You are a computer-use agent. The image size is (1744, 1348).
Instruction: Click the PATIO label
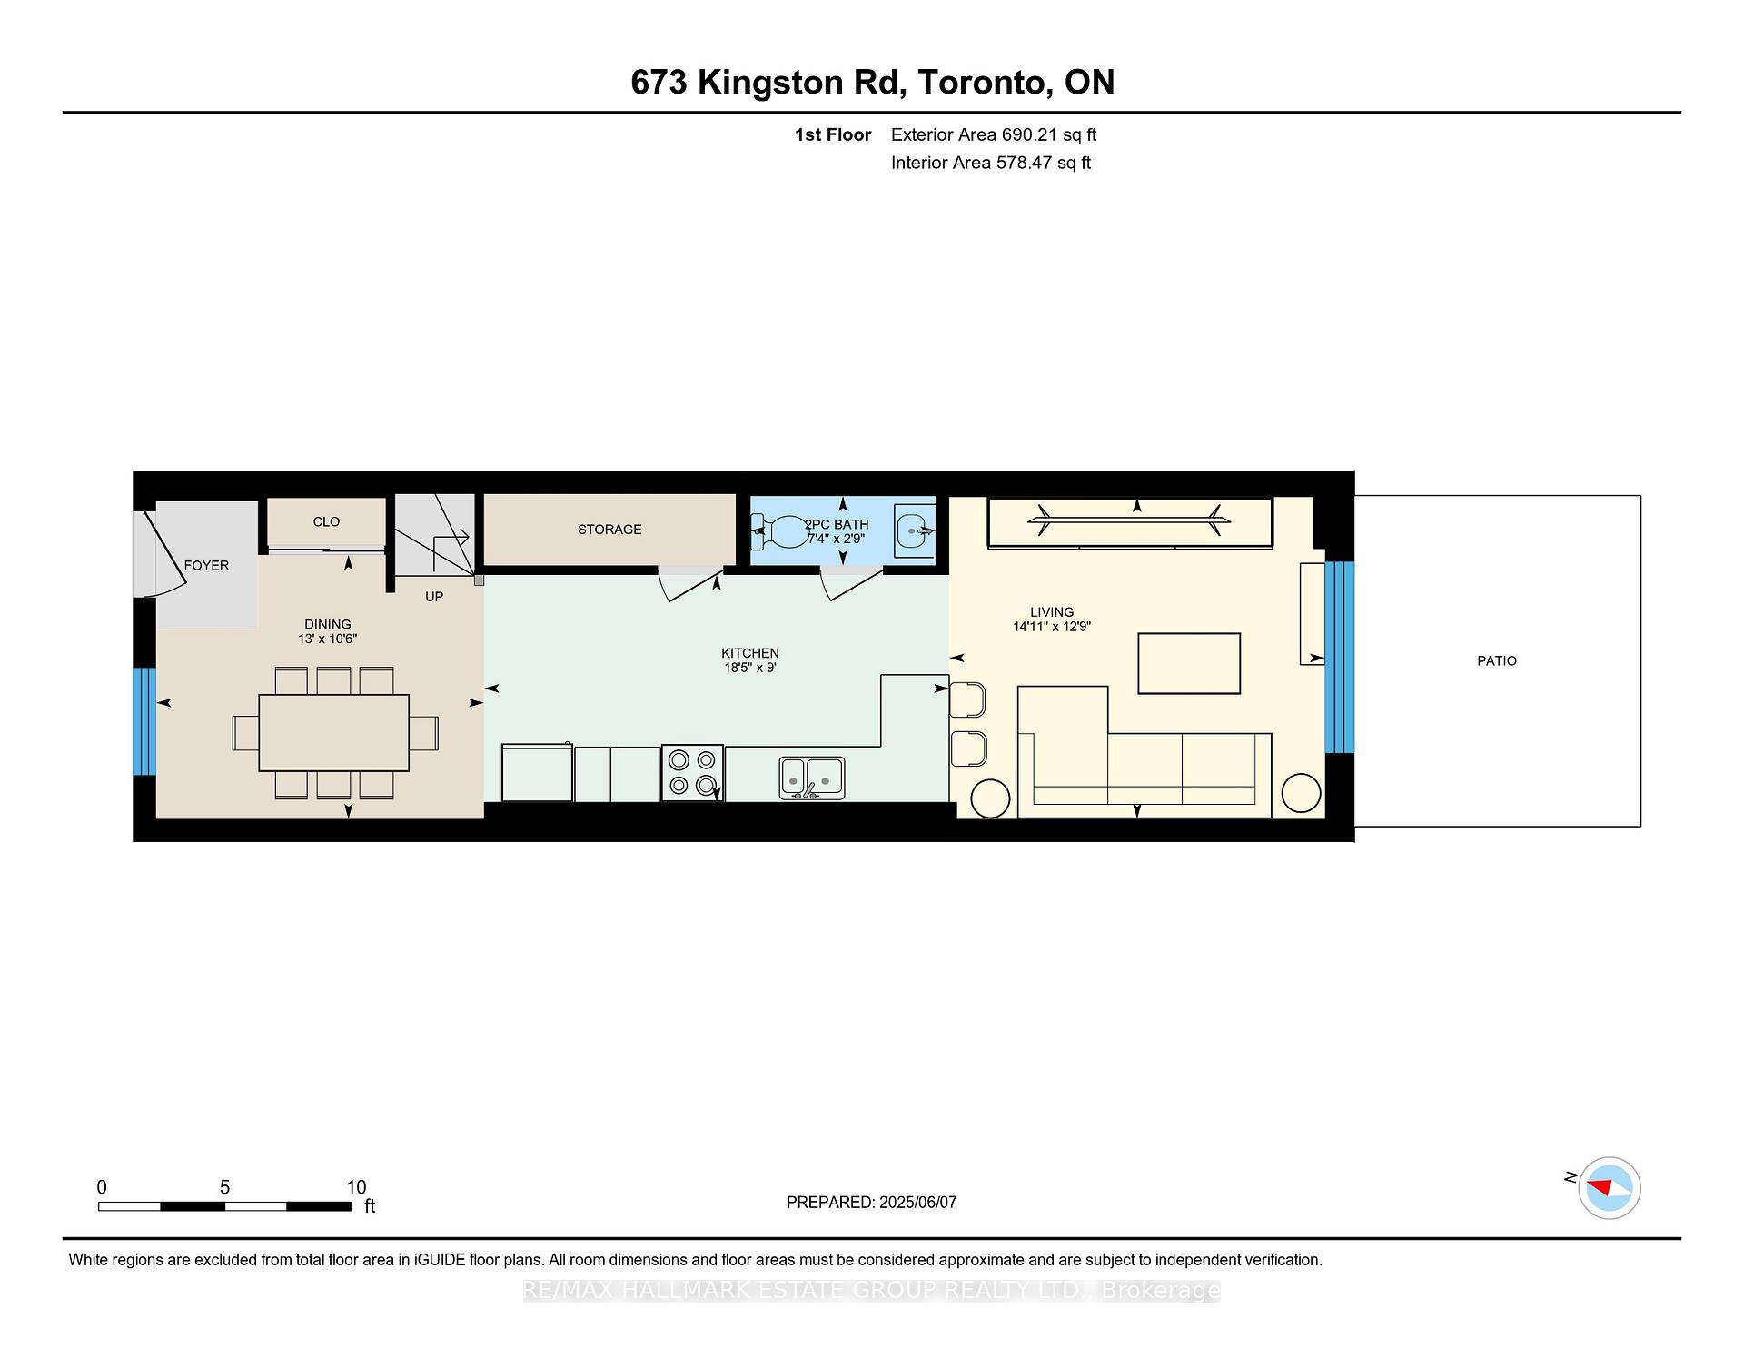point(1496,661)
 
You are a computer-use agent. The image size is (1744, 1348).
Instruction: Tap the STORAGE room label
point(609,530)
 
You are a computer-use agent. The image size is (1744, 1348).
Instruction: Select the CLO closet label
point(326,522)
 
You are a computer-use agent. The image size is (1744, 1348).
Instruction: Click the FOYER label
point(206,566)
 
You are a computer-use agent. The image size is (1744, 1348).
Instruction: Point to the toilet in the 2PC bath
point(778,532)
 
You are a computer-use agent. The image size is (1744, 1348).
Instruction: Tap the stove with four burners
point(692,773)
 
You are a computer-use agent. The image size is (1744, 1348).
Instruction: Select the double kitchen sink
point(812,778)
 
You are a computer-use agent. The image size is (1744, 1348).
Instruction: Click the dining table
point(334,733)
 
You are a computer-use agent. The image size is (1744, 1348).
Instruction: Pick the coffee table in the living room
point(1189,664)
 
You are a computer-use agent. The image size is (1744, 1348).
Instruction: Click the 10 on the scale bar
point(356,1187)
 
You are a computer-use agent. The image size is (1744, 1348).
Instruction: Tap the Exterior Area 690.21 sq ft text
point(994,135)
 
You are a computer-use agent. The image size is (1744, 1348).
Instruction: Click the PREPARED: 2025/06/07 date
point(871,1203)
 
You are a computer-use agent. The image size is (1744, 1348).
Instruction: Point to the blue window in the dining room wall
point(144,722)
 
